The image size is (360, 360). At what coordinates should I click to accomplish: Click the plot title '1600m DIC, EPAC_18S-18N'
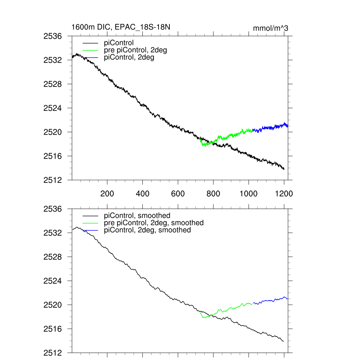click(x=121, y=27)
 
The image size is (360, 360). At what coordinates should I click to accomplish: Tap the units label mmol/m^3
click(x=270, y=28)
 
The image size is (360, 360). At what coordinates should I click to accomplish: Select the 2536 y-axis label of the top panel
click(x=53, y=36)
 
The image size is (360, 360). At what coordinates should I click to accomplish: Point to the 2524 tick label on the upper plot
click(x=53, y=108)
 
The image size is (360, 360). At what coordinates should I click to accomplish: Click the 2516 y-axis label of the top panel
click(x=53, y=156)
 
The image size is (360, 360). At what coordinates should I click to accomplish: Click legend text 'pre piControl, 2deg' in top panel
click(x=135, y=50)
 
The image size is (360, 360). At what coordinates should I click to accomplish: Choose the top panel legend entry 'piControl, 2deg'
click(x=129, y=57)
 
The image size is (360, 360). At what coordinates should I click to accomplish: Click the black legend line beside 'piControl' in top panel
click(x=90, y=43)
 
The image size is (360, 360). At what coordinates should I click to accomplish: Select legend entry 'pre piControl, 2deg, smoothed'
click(x=154, y=223)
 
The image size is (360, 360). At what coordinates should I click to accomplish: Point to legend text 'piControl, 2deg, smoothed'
click(x=147, y=230)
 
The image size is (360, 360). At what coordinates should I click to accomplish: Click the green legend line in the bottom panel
click(x=90, y=223)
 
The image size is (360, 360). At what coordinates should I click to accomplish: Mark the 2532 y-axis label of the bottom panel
click(x=53, y=233)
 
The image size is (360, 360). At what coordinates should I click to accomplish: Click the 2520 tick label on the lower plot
click(x=53, y=305)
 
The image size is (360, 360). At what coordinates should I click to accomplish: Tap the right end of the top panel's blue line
click(x=288, y=126)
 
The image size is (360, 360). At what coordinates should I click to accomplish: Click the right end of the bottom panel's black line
click(x=283, y=341)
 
